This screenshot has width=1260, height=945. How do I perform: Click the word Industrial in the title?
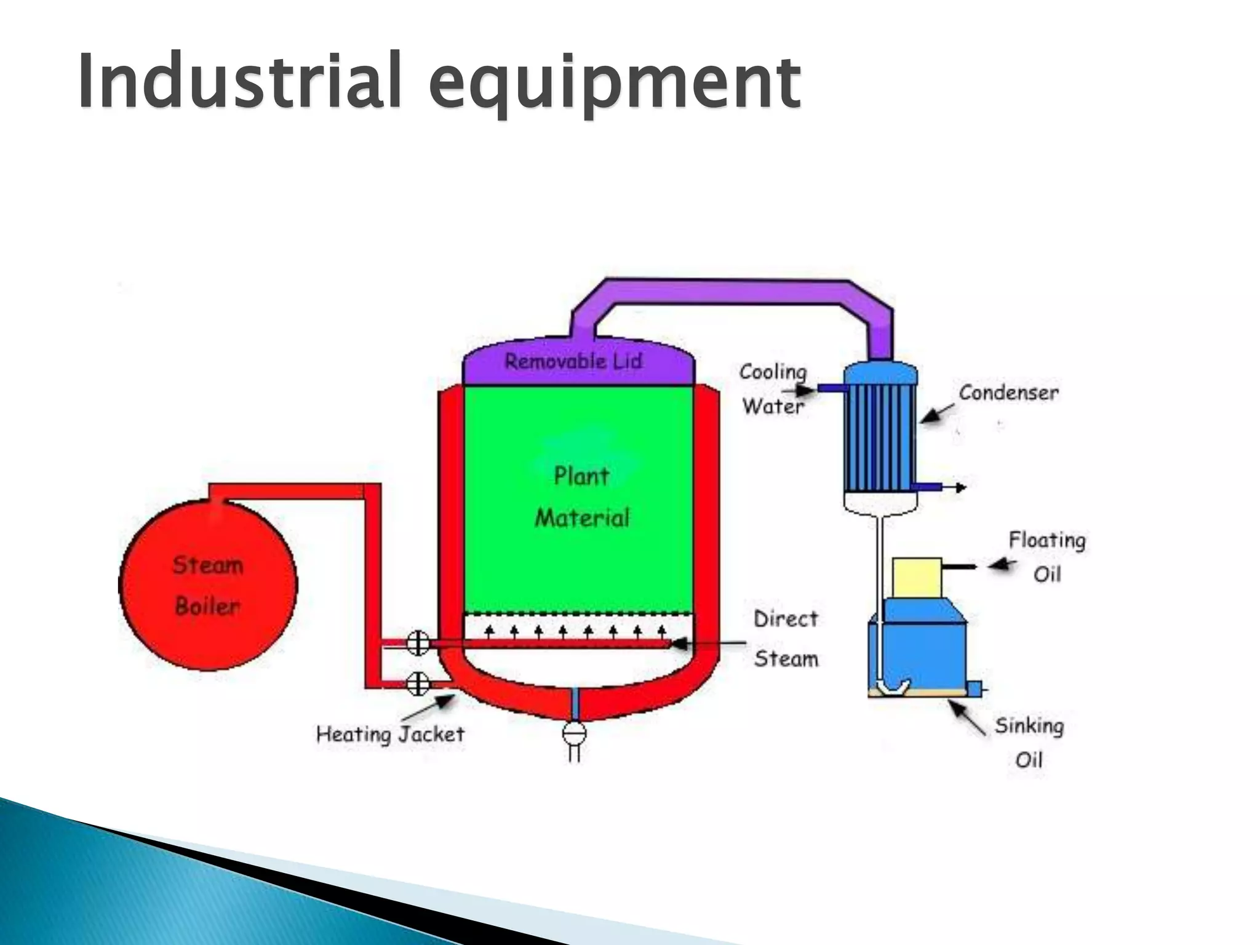tap(240, 81)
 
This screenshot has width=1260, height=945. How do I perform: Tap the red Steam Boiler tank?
tap(208, 584)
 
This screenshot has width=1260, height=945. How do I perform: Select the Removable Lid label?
tap(573, 362)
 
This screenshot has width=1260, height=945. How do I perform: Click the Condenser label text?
tap(1008, 393)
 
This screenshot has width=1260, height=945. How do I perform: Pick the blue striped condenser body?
tap(880, 437)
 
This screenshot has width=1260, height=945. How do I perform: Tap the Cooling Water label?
tap(773, 389)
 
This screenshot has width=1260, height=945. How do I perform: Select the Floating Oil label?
tap(1047, 557)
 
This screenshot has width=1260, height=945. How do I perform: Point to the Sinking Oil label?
tap(1029, 743)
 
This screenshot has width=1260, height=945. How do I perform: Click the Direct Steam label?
tap(786, 639)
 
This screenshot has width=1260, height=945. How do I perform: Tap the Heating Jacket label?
tap(390, 734)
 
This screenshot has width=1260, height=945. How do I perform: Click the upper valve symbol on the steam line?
tap(418, 644)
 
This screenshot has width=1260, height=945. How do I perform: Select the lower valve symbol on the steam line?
tap(418, 684)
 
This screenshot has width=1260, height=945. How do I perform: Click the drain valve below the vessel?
tap(574, 733)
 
